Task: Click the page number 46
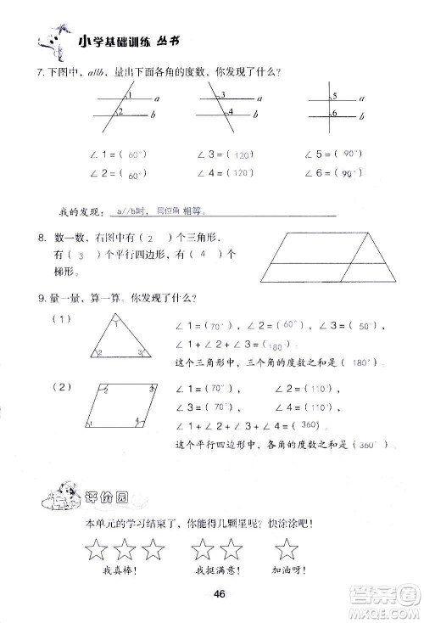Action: (218, 593)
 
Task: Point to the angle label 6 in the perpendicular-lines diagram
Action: (336, 114)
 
